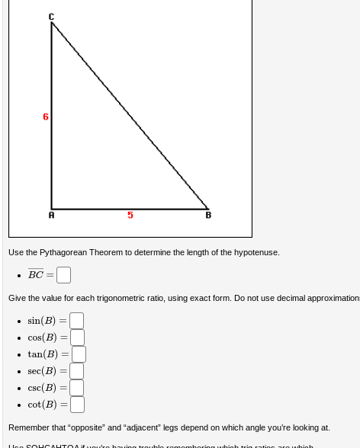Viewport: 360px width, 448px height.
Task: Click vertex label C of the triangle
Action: tap(51, 16)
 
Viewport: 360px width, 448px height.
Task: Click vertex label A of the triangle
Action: tap(52, 216)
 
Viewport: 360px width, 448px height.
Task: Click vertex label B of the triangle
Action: tap(208, 216)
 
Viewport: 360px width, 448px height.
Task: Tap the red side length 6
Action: tap(46, 117)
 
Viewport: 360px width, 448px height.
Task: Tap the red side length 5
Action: tap(130, 216)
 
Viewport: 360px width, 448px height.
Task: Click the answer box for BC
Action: tap(63, 274)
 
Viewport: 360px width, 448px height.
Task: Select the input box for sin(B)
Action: tap(76, 321)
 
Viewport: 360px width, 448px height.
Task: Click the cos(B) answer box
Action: tap(77, 338)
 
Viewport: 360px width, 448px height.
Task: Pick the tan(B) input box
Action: tap(79, 354)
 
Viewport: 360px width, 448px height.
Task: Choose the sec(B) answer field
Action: tap(77, 371)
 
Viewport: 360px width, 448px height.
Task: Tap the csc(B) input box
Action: tap(76, 388)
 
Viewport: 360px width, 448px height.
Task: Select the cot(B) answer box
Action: tap(77, 405)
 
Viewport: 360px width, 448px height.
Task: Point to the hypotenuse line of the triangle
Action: tap(130, 114)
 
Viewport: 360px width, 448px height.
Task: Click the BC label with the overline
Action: tap(36, 274)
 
